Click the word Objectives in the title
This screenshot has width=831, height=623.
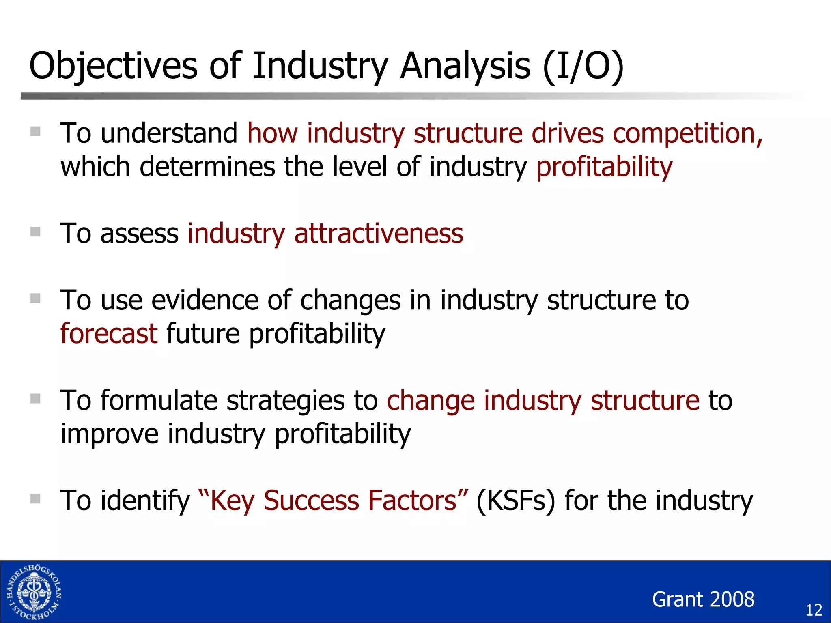pos(113,66)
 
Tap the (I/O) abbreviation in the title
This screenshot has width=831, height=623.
pos(583,66)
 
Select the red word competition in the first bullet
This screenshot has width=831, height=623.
pos(687,133)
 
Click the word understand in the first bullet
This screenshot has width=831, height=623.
pos(169,133)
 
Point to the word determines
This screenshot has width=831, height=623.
pos(207,167)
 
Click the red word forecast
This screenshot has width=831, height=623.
pos(109,334)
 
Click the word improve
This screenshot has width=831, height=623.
pos(109,434)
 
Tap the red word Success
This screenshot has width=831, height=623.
pos(311,501)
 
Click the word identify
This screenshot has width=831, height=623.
pos(145,501)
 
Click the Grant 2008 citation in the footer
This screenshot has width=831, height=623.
pos(703,599)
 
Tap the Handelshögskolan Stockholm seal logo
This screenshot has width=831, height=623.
pos(34,592)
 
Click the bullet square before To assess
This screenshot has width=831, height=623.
pos(35,232)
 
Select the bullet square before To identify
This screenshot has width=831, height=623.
pos(35,498)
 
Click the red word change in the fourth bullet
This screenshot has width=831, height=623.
pos(431,401)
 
